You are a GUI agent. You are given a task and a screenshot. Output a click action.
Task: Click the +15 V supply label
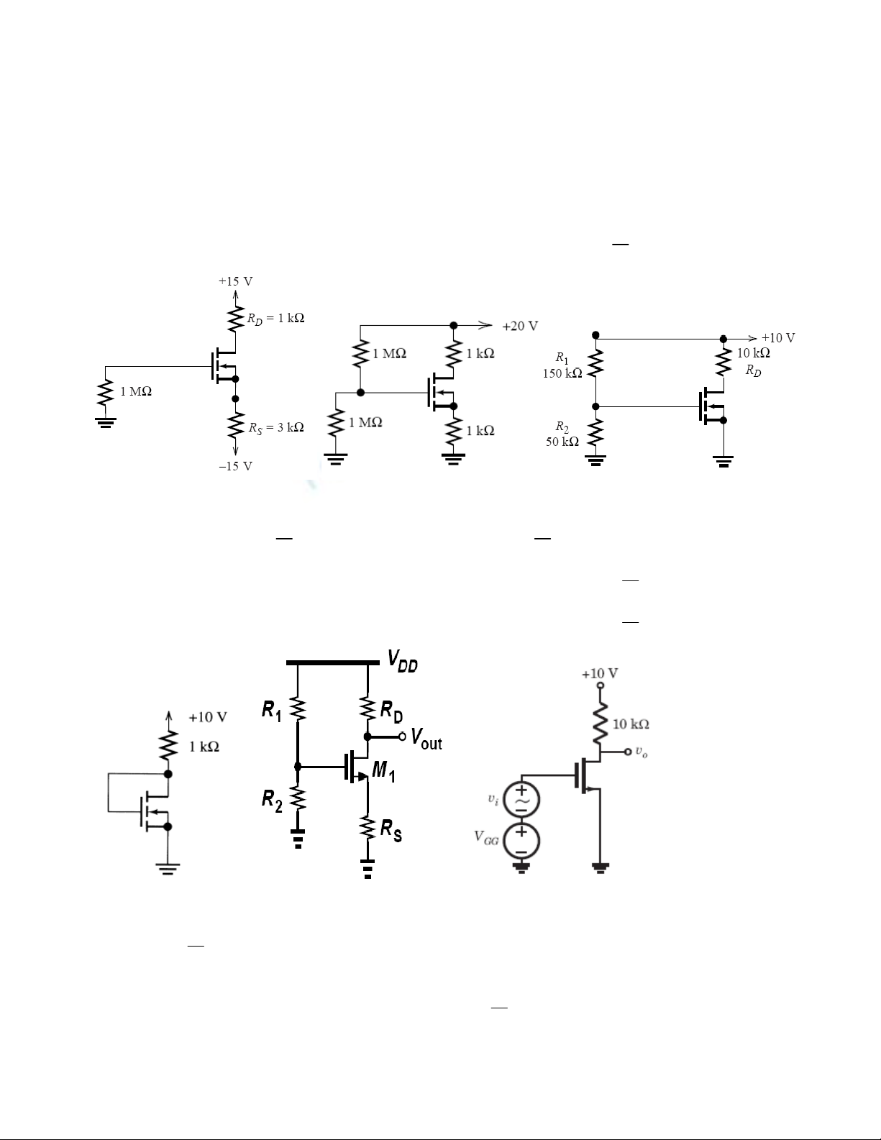235,281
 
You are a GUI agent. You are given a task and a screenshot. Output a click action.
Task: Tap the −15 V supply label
235,466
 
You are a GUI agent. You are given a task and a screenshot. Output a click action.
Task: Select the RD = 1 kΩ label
275,319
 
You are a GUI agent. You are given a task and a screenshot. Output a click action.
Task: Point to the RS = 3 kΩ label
276,428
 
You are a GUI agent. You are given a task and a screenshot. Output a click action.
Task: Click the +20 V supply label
520,327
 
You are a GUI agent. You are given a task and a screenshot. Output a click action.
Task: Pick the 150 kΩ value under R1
562,373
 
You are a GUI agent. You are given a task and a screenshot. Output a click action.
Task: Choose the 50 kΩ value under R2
562,442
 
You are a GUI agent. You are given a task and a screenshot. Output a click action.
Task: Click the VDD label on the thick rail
402,661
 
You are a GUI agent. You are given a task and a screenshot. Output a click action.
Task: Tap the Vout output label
426,739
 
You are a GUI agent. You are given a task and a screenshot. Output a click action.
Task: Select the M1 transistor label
383,771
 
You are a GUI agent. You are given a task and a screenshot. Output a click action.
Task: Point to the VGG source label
486,836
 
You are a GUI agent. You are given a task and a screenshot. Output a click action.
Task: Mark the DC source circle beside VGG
521,842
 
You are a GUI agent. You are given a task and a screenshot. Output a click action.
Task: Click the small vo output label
642,752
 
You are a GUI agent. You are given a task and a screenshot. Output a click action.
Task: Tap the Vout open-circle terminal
402,737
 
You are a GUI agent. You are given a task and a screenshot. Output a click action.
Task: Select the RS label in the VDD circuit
391,831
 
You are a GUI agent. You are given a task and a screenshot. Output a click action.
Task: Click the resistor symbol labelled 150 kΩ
595,362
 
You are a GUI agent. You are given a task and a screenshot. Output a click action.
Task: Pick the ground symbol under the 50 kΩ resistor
595,460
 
